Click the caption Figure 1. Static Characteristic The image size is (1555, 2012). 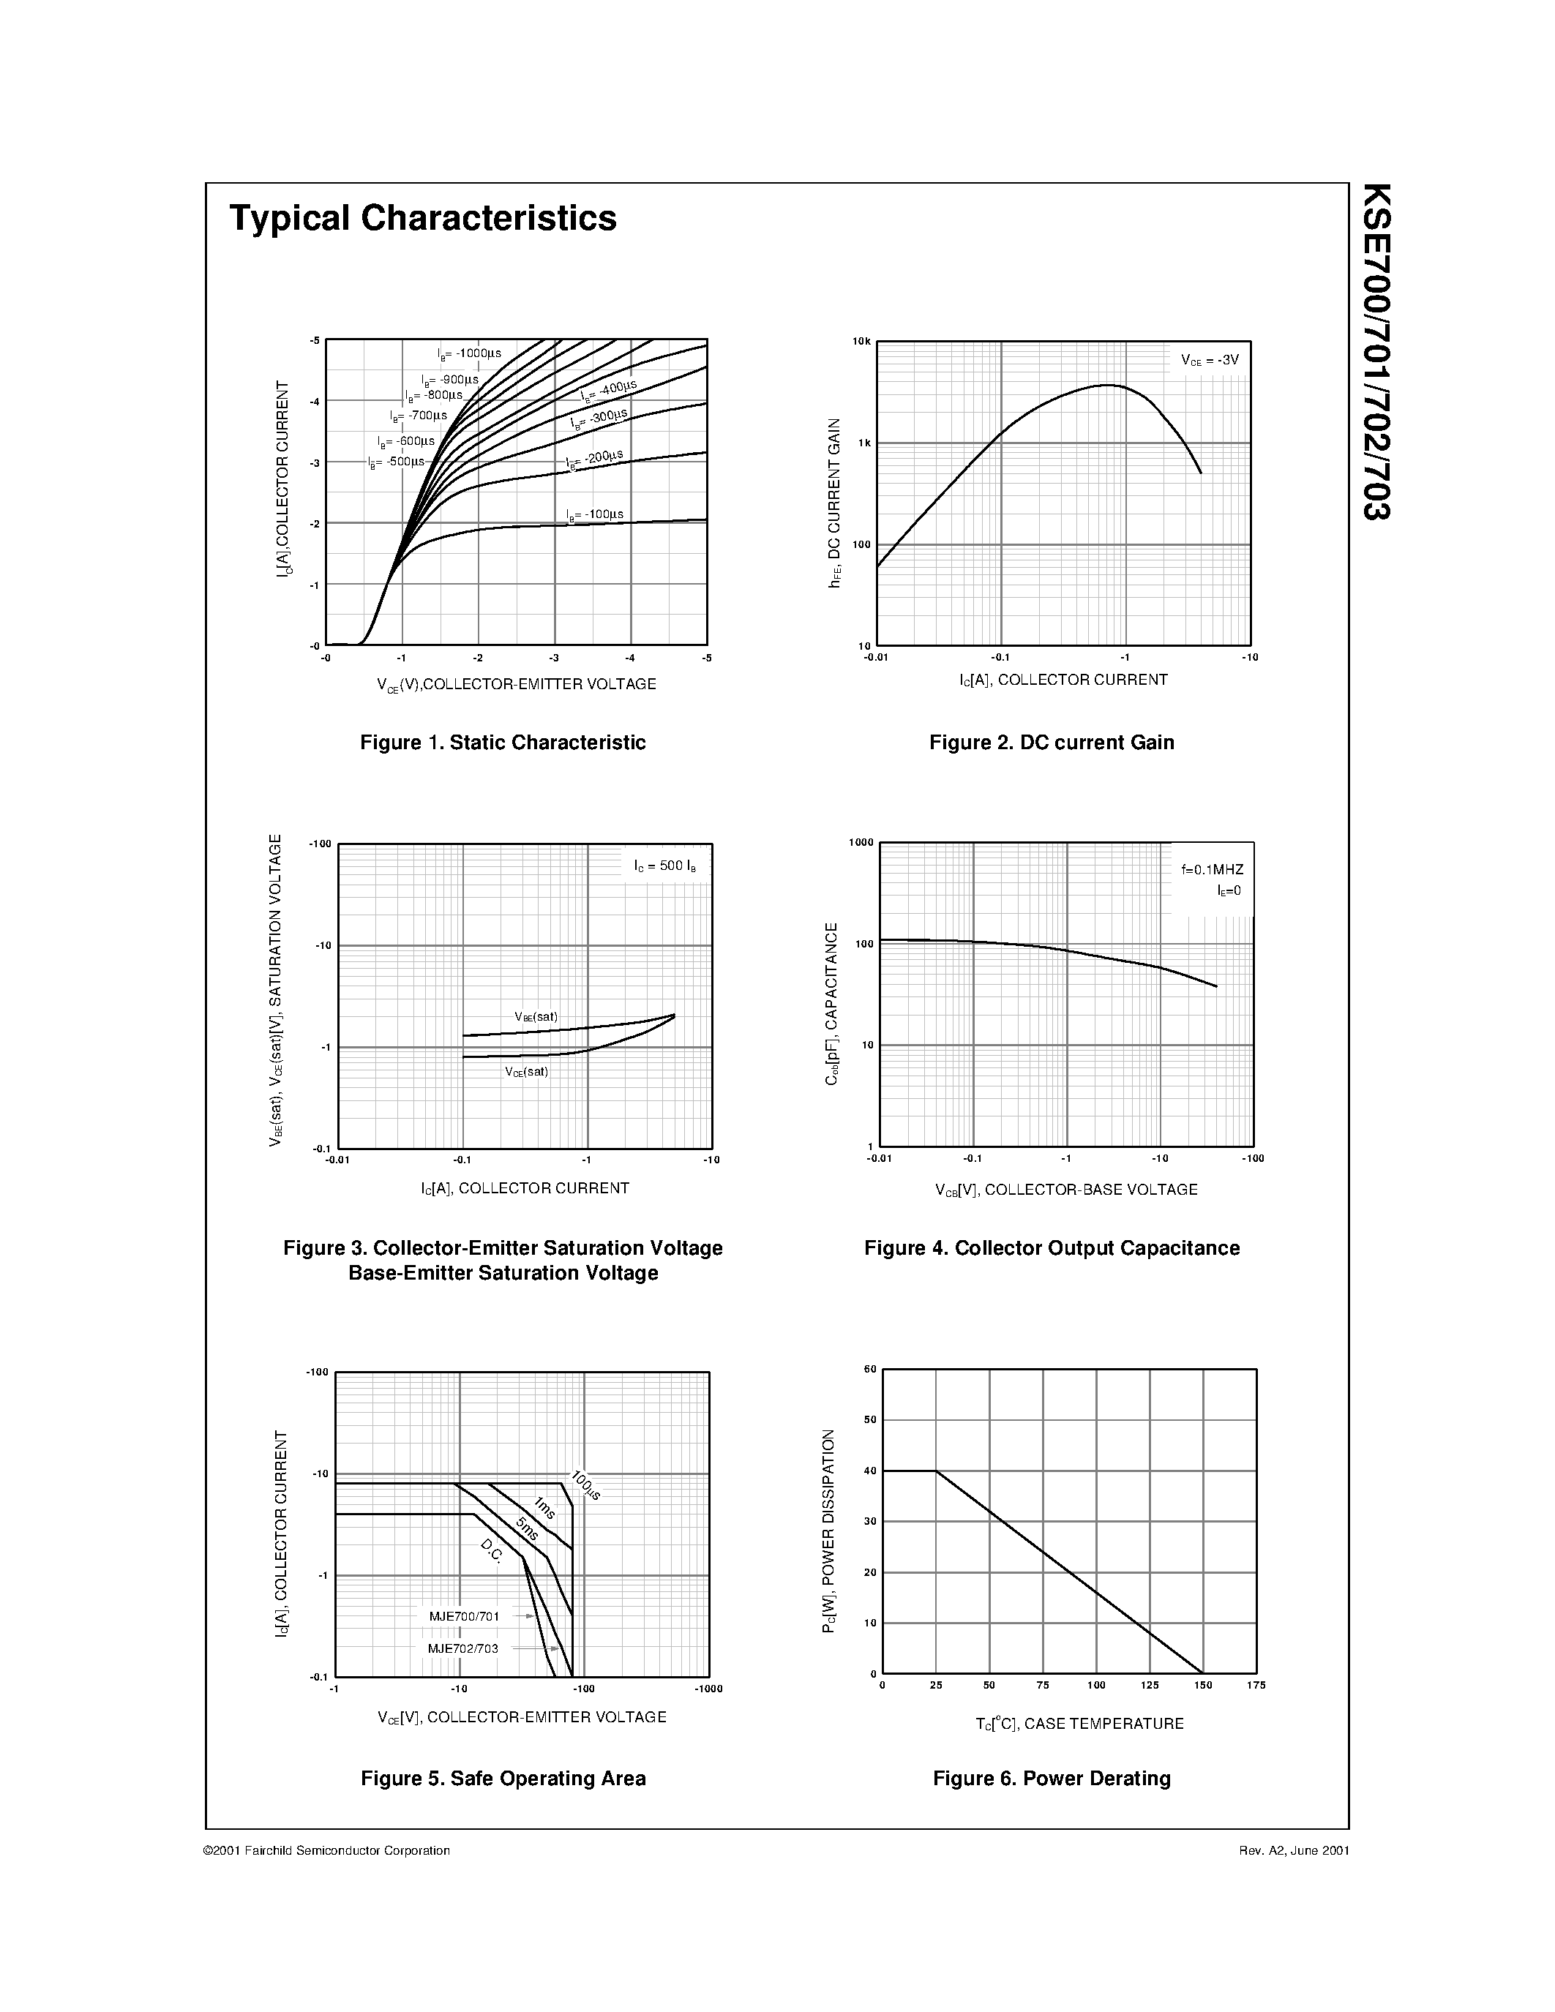click(503, 743)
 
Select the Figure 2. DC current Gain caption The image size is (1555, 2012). click(1051, 743)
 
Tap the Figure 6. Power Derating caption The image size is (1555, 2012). click(1051, 1778)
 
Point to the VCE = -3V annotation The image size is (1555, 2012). click(1210, 360)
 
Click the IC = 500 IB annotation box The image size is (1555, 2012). click(659, 866)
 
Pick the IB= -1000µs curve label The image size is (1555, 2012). click(469, 353)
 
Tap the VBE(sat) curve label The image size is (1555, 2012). click(536, 1017)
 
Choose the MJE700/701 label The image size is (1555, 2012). click(463, 1616)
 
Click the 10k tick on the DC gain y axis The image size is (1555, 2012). click(861, 342)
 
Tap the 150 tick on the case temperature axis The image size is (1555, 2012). click(1203, 1685)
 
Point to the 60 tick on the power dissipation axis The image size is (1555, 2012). click(869, 1369)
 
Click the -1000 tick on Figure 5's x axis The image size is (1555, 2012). click(708, 1689)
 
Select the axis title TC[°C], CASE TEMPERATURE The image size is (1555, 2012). click(1079, 1724)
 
